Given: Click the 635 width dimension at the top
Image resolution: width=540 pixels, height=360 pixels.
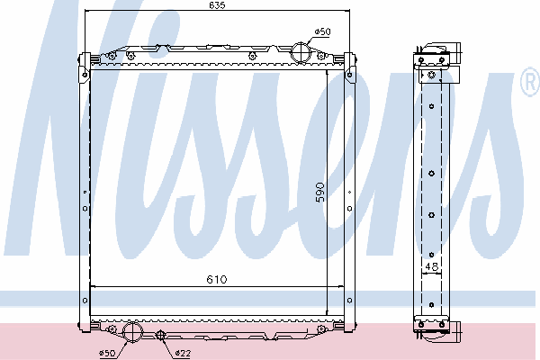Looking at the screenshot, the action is point(217,5).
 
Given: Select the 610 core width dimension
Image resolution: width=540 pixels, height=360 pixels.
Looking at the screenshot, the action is point(217,279).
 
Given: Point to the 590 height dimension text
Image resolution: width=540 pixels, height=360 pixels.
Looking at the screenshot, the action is point(319,193).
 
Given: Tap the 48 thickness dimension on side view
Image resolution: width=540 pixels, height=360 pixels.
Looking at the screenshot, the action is point(431,266).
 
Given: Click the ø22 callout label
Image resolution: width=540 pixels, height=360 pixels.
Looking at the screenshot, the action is point(183,353).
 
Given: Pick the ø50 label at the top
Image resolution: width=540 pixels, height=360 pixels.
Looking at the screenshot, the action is point(322,31).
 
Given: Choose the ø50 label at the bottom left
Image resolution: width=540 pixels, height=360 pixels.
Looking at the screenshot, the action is point(107,353).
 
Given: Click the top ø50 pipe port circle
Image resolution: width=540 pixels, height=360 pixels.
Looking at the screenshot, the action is point(301,53).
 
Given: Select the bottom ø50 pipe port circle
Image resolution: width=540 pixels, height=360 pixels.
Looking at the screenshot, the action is point(132,331).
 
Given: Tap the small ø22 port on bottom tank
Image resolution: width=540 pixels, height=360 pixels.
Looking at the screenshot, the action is point(160,335).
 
